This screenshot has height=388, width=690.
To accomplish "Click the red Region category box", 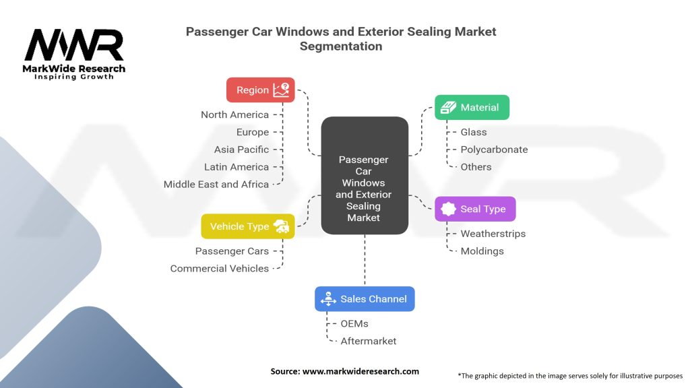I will (x=260, y=90).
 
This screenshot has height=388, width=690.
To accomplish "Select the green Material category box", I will (x=472, y=107).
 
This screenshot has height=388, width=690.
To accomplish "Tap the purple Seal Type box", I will (x=475, y=209).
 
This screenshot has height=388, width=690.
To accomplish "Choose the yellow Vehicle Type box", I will (x=247, y=226).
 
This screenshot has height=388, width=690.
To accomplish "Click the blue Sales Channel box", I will (x=365, y=298).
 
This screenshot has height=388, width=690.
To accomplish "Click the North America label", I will (x=234, y=115).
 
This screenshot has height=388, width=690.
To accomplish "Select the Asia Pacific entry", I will (x=241, y=150).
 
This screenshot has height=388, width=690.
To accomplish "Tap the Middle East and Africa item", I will (x=216, y=184).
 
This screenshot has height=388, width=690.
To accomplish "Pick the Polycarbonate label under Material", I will (x=494, y=150).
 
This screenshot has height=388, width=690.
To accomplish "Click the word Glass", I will (x=473, y=132).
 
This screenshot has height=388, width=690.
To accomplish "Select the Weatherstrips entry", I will (x=493, y=234).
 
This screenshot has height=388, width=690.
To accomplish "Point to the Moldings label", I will (x=482, y=251).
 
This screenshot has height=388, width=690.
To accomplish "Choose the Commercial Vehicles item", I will (x=219, y=268).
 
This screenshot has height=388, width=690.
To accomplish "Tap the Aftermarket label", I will (x=368, y=341).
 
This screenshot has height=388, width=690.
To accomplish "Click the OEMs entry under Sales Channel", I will (x=354, y=323).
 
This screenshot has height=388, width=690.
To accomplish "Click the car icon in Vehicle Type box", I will (x=282, y=227).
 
